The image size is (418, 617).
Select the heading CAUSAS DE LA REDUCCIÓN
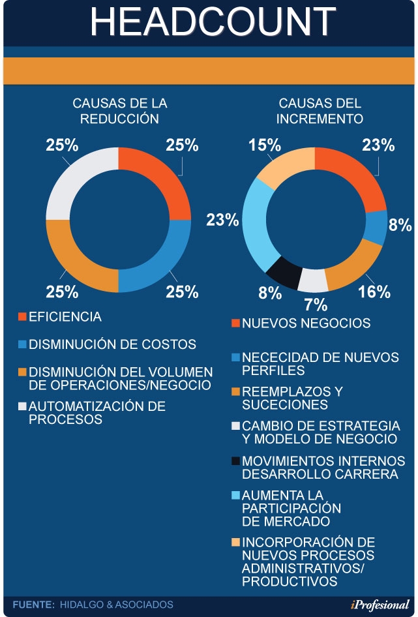pyautogui.click(x=119, y=111)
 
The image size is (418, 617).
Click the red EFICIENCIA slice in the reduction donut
pyautogui.click(x=157, y=182)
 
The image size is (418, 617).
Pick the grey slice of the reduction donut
pyautogui.click(x=79, y=182)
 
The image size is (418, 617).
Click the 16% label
pyautogui.click(x=374, y=292)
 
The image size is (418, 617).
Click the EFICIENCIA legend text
pyautogui.click(x=65, y=317)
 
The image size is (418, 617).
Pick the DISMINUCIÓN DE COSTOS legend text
pyautogui.click(x=112, y=344)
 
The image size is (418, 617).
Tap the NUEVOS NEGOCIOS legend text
pyautogui.click(x=306, y=323)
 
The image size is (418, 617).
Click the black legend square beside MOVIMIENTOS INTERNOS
pyautogui.click(x=235, y=460)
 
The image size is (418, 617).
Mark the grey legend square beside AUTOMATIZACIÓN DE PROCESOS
pyautogui.click(x=22, y=406)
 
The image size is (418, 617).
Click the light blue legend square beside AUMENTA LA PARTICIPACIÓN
pyautogui.click(x=235, y=494)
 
